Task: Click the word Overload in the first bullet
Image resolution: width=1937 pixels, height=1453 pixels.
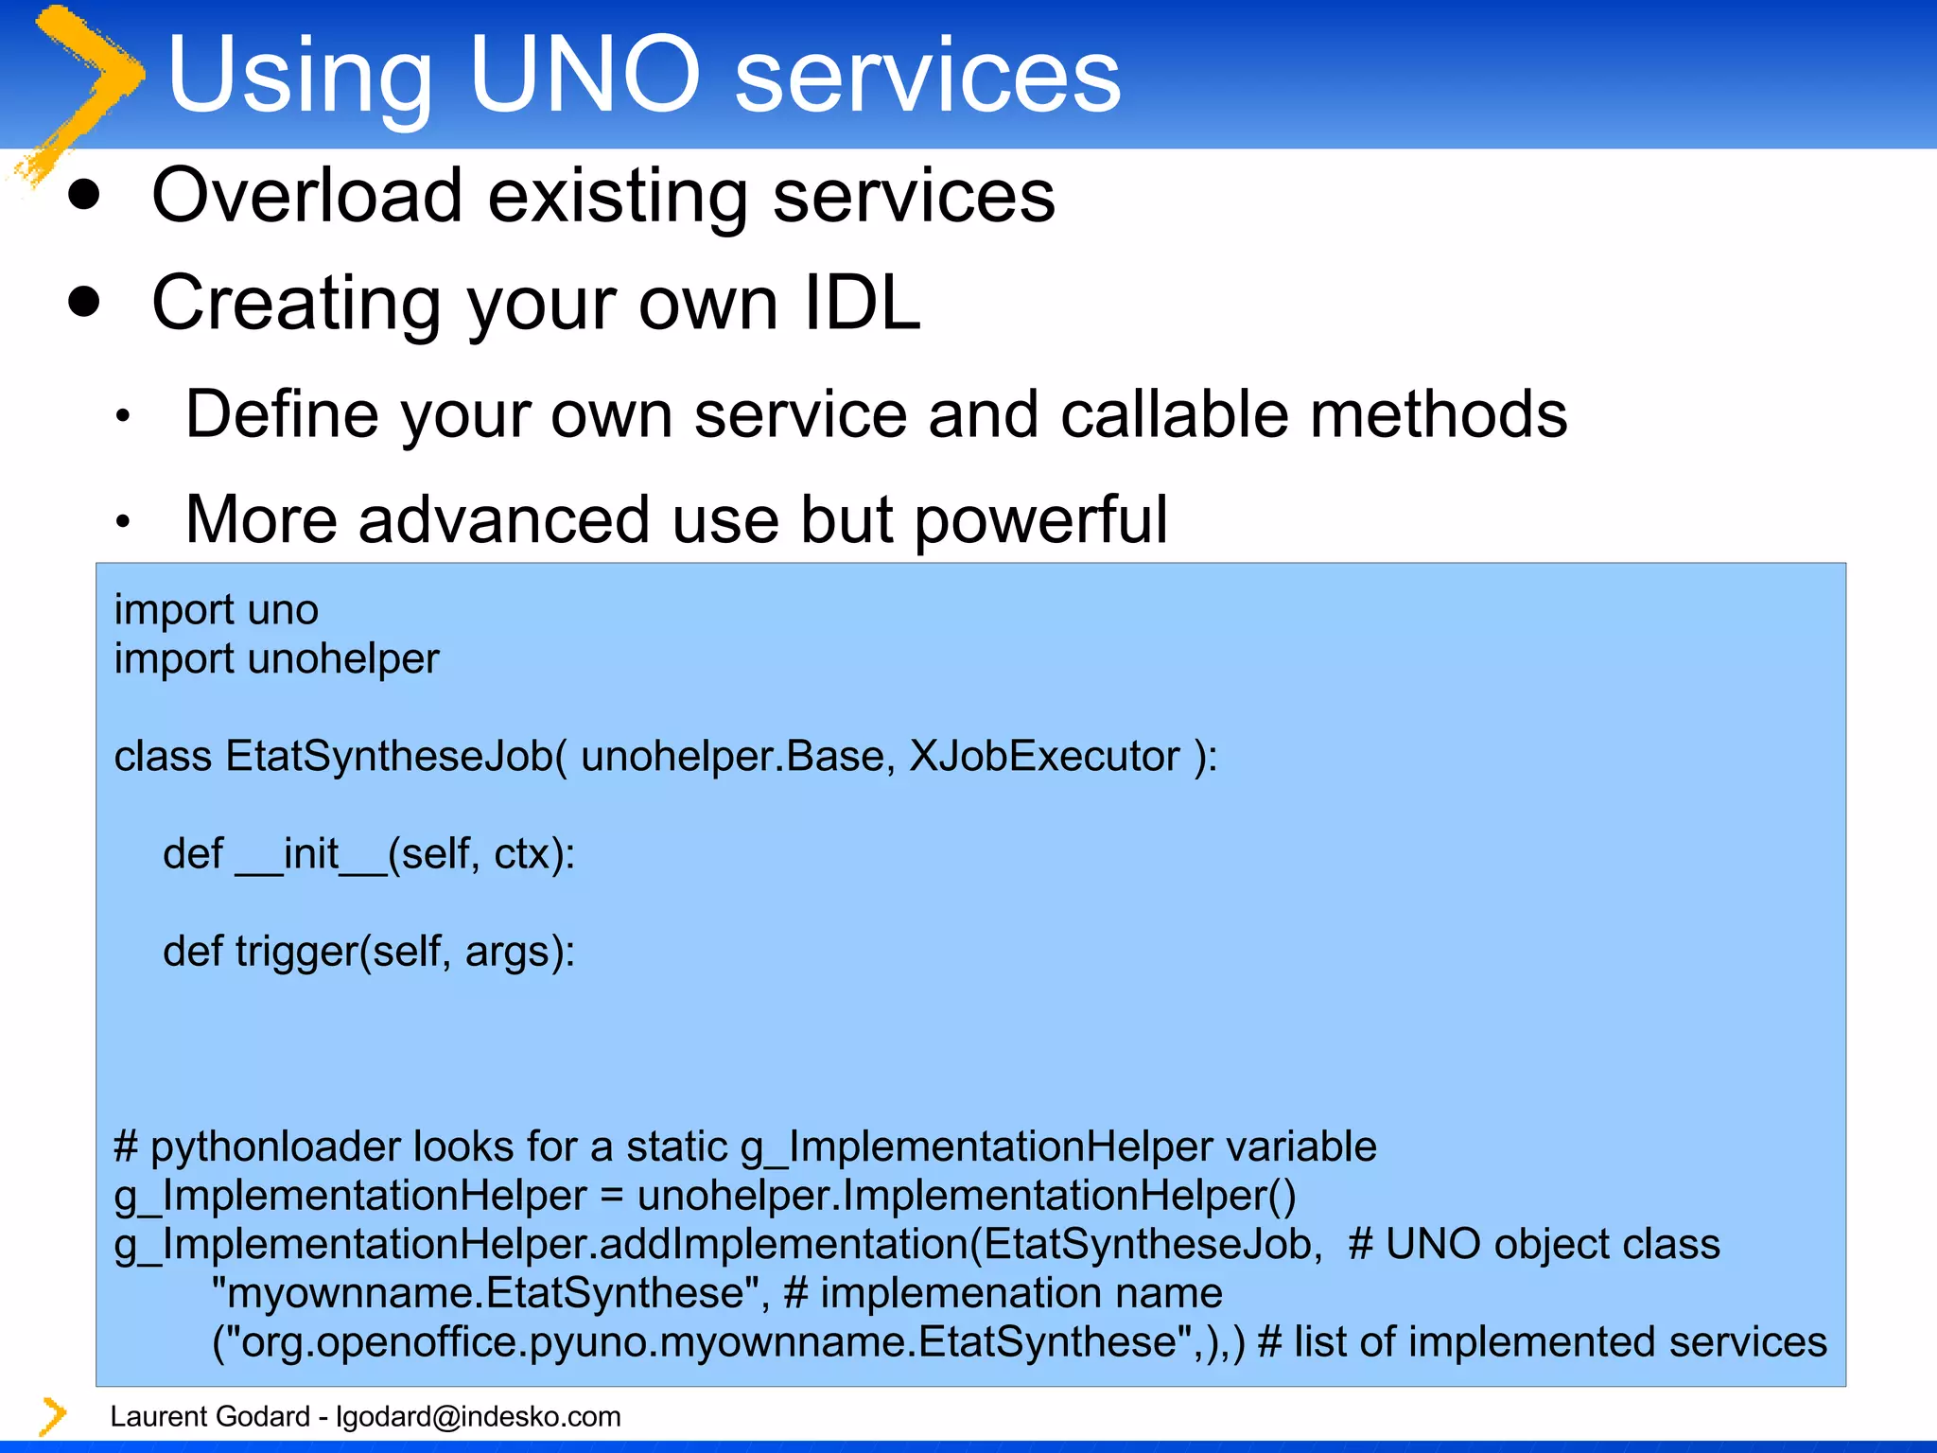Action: [x=307, y=196]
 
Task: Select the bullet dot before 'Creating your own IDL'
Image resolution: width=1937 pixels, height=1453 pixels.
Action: [x=85, y=302]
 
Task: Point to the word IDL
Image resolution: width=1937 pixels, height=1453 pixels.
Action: [x=861, y=303]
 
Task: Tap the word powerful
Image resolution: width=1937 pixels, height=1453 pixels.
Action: [x=1040, y=520]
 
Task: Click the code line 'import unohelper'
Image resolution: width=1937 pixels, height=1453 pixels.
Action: [x=276, y=658]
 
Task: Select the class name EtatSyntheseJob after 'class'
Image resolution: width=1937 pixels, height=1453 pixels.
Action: [x=395, y=757]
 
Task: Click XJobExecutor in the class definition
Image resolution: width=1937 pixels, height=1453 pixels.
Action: [x=1044, y=757]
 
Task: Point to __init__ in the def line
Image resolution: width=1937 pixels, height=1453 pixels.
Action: [x=311, y=854]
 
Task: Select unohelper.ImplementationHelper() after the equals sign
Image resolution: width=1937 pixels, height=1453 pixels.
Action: [x=967, y=1196]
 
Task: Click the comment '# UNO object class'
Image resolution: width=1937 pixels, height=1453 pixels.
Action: [x=1533, y=1245]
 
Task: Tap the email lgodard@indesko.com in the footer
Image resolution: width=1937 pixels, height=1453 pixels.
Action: [x=478, y=1416]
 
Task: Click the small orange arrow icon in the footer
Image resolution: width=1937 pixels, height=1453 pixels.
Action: [x=53, y=1416]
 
